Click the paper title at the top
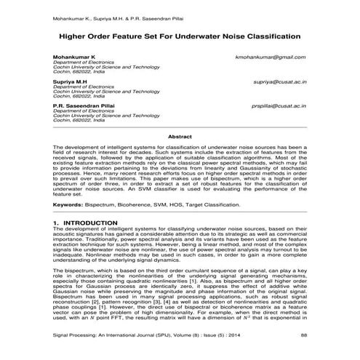click(179, 35)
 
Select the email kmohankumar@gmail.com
click(271, 56)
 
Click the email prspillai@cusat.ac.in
click(276, 107)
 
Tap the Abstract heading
click(179, 137)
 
